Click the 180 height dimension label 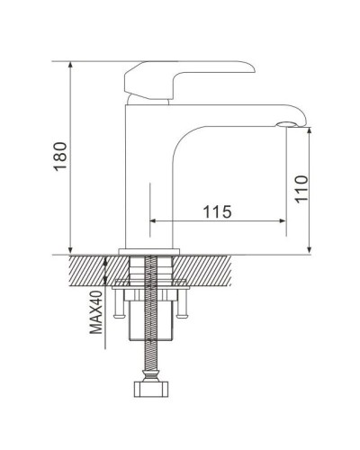pyautogui.click(x=59, y=158)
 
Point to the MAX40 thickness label pyautogui.click(x=94, y=311)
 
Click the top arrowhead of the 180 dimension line pyautogui.click(x=71, y=66)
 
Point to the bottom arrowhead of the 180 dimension pyautogui.click(x=71, y=249)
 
